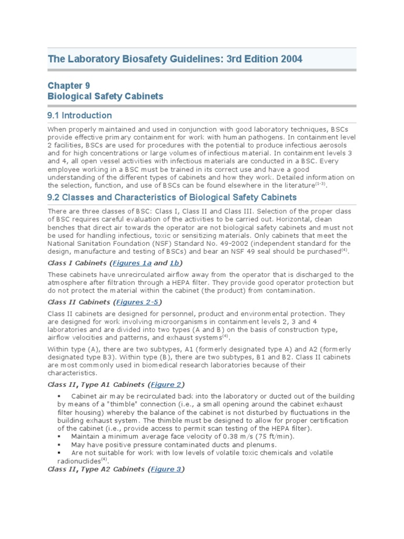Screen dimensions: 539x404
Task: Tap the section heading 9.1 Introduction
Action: pyautogui.click(x=80, y=115)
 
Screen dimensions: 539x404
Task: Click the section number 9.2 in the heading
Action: pyautogui.click(x=55, y=197)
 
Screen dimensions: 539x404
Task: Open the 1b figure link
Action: pyautogui.click(x=175, y=263)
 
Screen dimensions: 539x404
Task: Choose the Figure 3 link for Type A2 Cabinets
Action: pyautogui.click(x=166, y=469)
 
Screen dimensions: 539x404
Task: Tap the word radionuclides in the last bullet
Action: pyautogui.click(x=70, y=461)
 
